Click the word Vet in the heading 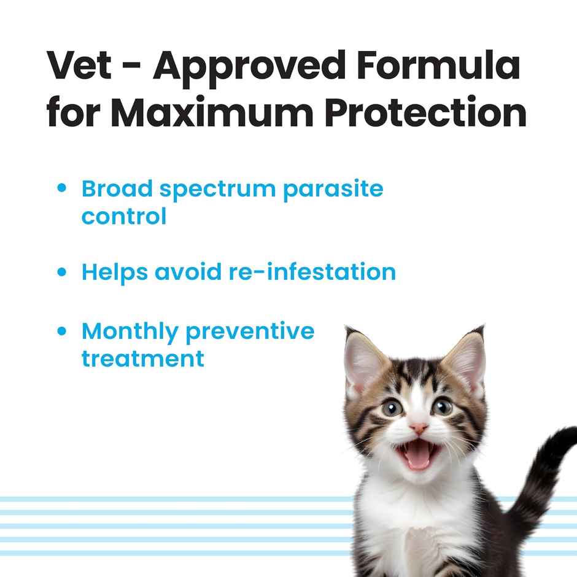click(x=79, y=66)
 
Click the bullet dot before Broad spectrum click(x=61, y=189)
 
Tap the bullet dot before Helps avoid click(x=61, y=272)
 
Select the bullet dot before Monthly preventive click(x=61, y=331)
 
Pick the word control click(x=124, y=216)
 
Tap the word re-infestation click(x=312, y=272)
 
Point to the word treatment click(x=142, y=358)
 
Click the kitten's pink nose click(x=419, y=428)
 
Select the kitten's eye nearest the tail click(x=443, y=406)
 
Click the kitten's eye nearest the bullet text click(x=392, y=407)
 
